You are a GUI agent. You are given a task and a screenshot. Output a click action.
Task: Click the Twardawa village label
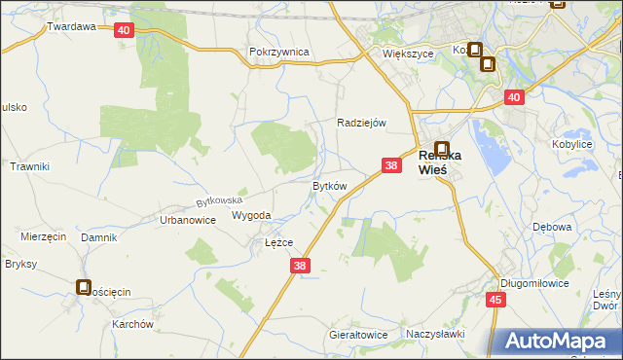[71, 27]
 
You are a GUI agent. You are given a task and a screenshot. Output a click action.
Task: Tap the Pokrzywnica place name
[278, 52]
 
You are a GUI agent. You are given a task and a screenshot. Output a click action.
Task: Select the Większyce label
[407, 54]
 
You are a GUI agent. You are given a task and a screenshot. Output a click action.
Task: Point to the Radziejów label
[362, 123]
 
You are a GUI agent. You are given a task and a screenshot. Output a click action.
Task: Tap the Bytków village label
[329, 186]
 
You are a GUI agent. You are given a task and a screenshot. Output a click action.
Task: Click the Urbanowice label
[187, 220]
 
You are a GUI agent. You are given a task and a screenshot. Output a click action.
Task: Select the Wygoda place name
[251, 216]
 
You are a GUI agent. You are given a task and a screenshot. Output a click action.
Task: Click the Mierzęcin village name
[43, 236]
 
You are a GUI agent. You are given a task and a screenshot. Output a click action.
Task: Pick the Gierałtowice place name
[358, 335]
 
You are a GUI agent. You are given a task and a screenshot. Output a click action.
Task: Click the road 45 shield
[495, 300]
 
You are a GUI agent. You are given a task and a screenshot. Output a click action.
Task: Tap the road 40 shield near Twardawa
[123, 30]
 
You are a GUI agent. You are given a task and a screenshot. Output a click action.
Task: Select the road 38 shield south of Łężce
[300, 265]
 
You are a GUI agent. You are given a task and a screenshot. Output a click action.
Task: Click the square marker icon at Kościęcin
[84, 287]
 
